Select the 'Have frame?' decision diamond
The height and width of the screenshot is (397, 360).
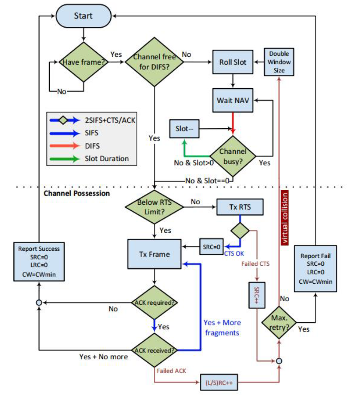(x=84, y=62)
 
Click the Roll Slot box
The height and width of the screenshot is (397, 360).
(x=233, y=62)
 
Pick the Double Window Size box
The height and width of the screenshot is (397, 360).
(x=279, y=62)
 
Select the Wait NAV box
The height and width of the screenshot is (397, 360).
(x=233, y=100)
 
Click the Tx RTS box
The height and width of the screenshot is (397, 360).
(x=240, y=206)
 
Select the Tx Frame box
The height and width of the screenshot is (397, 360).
(x=155, y=254)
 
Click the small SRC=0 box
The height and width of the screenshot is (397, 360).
(x=212, y=246)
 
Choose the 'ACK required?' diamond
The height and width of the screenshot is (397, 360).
(x=154, y=302)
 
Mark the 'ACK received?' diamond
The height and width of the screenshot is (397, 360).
(x=154, y=350)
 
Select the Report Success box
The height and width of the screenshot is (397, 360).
(x=39, y=261)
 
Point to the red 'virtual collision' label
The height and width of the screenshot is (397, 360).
(x=286, y=217)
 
